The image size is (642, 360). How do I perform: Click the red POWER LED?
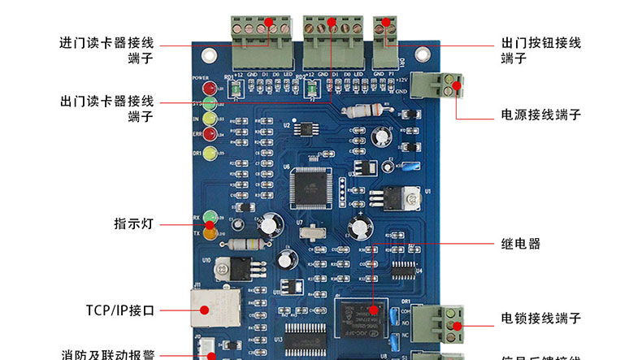(208, 88)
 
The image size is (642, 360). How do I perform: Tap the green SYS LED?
(208, 103)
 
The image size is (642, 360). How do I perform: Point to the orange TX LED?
(209, 234)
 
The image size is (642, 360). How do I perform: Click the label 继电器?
(521, 244)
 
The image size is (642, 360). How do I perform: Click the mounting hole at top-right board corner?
(422, 55)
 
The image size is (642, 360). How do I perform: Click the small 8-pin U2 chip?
(307, 128)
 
